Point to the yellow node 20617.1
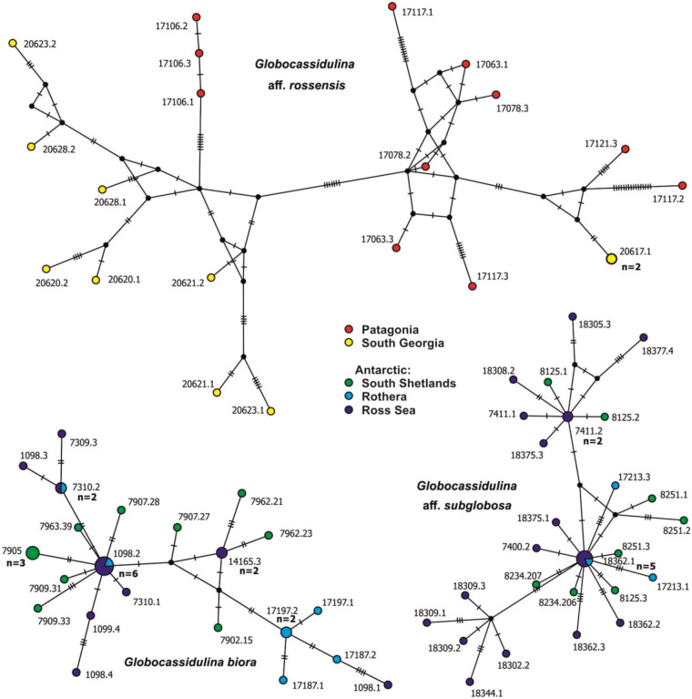click(x=613, y=259)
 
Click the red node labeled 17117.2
click(x=682, y=186)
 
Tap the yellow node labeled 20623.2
click(x=13, y=43)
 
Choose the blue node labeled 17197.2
click(x=286, y=632)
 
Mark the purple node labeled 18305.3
click(x=572, y=317)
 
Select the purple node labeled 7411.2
click(x=567, y=416)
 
